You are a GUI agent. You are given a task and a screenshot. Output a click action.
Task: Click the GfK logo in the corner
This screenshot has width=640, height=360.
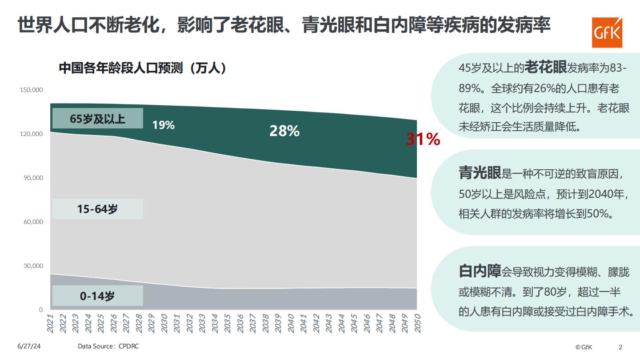(608, 32)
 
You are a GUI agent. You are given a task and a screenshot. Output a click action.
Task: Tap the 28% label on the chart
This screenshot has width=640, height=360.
(284, 131)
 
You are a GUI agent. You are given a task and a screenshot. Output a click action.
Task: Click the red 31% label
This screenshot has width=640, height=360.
(423, 140)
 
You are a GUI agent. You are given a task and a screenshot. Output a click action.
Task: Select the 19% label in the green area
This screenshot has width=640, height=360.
(163, 125)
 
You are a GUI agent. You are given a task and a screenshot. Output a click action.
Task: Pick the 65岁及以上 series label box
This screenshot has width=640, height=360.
(98, 119)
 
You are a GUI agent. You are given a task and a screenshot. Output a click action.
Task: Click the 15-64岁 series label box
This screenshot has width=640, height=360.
(98, 209)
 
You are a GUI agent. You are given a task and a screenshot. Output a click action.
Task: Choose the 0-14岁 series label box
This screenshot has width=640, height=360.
(98, 296)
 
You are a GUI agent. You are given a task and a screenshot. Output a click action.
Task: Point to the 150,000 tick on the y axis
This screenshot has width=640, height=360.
(32, 90)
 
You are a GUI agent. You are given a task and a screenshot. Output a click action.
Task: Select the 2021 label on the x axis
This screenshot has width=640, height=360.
(50, 323)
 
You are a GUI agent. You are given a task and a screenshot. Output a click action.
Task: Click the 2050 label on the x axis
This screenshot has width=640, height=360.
(417, 323)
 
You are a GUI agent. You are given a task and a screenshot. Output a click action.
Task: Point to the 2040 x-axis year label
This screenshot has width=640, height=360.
(291, 323)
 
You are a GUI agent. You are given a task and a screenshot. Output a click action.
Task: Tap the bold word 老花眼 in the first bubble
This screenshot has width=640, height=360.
(545, 68)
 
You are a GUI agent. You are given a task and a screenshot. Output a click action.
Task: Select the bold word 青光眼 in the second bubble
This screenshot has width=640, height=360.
(480, 173)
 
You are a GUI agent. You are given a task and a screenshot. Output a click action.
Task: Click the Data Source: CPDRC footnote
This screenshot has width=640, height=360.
(108, 346)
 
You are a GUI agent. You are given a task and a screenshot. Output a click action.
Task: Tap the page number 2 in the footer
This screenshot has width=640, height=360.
(620, 347)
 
